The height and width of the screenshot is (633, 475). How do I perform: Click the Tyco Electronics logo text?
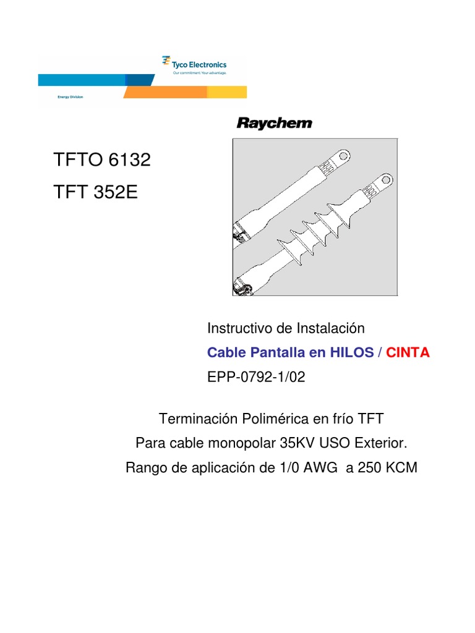199,64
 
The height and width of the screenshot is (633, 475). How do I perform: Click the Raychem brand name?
275,124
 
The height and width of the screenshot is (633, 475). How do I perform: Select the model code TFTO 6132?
102,160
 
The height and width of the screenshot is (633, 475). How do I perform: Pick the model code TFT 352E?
95,192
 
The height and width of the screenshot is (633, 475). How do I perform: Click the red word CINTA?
408,352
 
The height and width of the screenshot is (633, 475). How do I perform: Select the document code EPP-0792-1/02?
256,377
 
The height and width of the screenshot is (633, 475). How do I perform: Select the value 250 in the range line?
367,468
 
